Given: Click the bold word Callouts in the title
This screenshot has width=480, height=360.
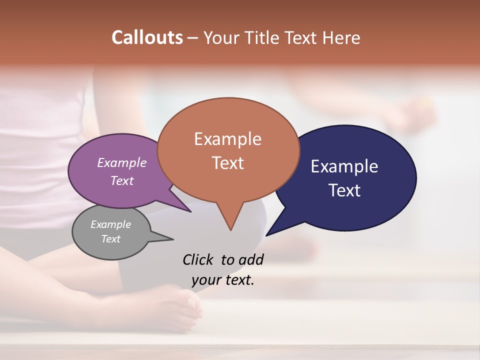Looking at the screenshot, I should click(x=147, y=37).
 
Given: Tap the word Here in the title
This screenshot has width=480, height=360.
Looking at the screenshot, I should click(x=341, y=38).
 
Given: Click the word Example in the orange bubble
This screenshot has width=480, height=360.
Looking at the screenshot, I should click(x=227, y=139).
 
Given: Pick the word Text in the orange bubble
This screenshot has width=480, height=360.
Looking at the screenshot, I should click(x=228, y=163).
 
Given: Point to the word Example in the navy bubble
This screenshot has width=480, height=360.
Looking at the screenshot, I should click(x=344, y=166).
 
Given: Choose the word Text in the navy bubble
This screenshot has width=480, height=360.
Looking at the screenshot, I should click(x=344, y=190).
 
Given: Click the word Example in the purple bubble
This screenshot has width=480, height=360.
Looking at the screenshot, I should click(x=121, y=162).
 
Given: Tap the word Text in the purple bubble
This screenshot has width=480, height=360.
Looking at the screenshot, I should click(x=122, y=180).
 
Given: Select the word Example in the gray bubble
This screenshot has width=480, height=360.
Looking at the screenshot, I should click(x=110, y=224).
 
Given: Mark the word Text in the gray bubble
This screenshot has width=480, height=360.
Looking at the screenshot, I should click(x=111, y=239).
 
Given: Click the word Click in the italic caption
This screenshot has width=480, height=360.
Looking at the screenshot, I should click(x=198, y=259).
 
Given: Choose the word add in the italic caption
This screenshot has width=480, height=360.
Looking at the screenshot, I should click(x=250, y=259).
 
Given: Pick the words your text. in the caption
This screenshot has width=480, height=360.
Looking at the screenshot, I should click(x=223, y=280).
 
